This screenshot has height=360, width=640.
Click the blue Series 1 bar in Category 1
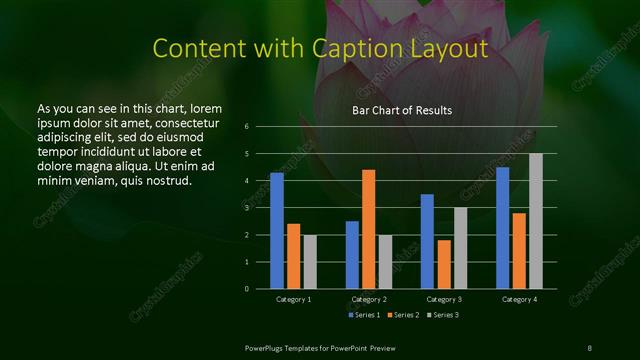(x=277, y=231)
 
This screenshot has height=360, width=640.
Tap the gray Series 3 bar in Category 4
(x=536, y=221)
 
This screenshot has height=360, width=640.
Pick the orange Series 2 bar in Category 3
(x=444, y=264)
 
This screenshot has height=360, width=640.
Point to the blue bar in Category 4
(x=502, y=228)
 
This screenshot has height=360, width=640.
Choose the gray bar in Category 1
(x=310, y=262)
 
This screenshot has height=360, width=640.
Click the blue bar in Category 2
(x=352, y=255)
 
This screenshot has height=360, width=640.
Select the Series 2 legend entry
(x=403, y=315)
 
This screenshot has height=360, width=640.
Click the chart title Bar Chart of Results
(x=402, y=110)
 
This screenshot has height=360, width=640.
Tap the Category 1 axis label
(x=294, y=299)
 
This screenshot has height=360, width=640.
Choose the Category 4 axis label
(x=519, y=299)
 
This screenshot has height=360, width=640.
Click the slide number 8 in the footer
(x=590, y=347)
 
